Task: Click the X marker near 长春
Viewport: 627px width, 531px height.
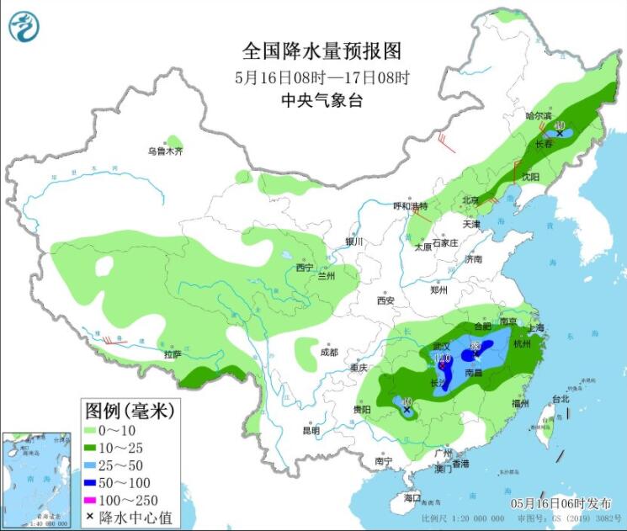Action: click(x=559, y=133)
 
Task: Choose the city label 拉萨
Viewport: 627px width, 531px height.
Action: click(x=173, y=356)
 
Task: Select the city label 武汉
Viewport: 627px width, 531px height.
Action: click(x=443, y=347)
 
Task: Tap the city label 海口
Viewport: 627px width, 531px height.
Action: click(x=411, y=498)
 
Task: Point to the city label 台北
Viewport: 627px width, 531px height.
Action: click(x=560, y=399)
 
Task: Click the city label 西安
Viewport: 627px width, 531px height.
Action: click(x=385, y=300)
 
